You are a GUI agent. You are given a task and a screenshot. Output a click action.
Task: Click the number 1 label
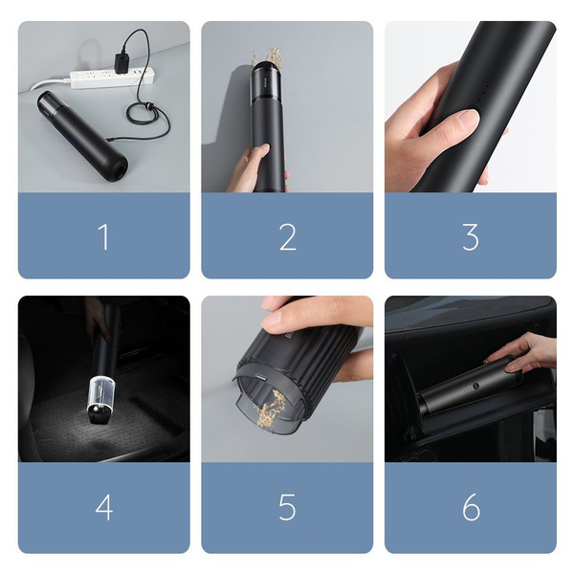coord(103,236)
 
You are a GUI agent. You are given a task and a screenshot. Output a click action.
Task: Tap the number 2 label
coord(287,236)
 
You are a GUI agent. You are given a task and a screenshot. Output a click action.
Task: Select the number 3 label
coord(471,236)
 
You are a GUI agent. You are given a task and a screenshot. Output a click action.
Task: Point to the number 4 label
coord(103,507)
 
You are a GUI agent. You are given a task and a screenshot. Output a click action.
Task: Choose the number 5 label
coord(287,507)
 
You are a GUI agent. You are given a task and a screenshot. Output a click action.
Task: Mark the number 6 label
coord(471,507)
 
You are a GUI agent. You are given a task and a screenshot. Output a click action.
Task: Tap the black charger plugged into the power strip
coord(123,63)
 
